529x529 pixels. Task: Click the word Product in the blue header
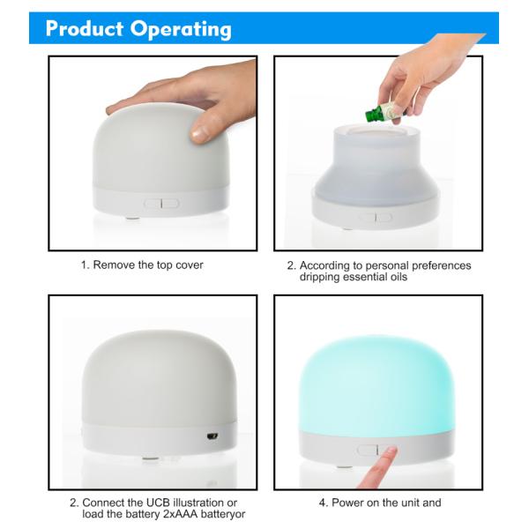click(84, 28)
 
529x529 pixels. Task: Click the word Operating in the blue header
click(180, 29)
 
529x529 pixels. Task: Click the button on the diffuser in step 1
click(162, 204)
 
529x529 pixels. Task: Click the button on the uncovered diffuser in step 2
click(375, 218)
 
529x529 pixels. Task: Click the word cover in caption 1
click(189, 264)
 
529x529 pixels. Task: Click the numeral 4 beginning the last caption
click(322, 503)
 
